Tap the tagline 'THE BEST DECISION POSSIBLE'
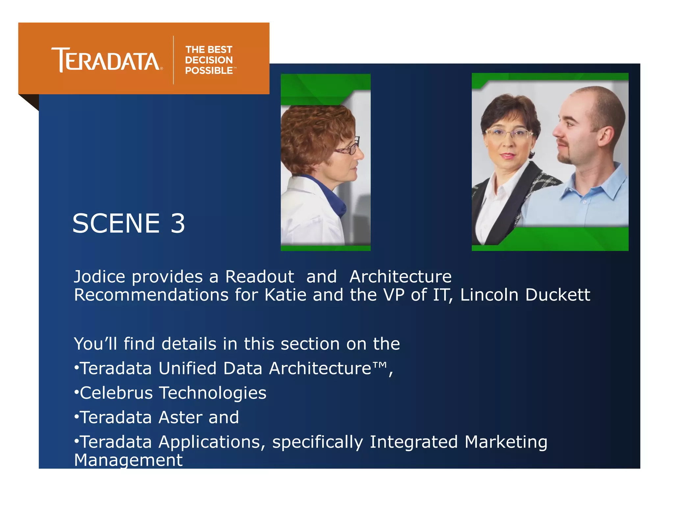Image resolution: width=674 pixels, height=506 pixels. coord(209,60)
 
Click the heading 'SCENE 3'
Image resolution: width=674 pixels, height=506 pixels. coord(129,223)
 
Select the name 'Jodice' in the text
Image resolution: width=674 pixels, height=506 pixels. coord(99,277)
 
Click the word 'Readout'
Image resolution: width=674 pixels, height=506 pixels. coord(259,277)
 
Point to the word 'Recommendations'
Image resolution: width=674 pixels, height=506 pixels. coord(151,295)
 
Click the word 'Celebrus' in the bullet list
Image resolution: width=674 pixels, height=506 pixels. coord(116,393)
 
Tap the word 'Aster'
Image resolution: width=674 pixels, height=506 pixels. coord(180,417)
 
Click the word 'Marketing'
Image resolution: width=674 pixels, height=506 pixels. coord(506,442)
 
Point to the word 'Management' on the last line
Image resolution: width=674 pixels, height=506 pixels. coord(128,460)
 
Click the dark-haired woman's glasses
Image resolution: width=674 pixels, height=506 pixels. coord(509,133)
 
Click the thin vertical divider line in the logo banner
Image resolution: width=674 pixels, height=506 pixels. coord(173,60)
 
